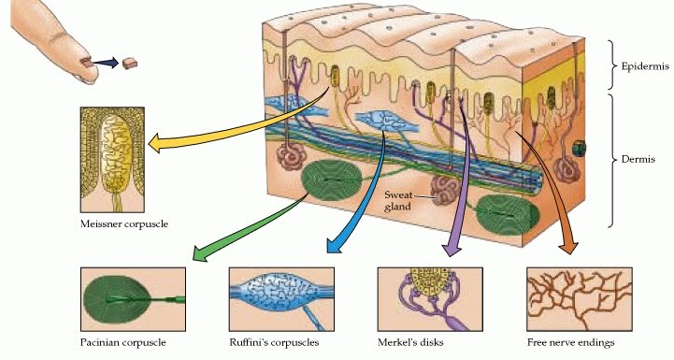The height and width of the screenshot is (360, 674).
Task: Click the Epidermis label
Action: (640, 67)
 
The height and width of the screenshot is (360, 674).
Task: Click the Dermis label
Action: (637, 160)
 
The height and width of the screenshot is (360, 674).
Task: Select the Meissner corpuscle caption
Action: (118, 224)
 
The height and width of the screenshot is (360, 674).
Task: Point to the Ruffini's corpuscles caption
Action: (274, 342)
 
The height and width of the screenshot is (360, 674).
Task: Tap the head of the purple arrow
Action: (450, 250)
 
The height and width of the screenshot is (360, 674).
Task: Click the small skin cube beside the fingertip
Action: (132, 63)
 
